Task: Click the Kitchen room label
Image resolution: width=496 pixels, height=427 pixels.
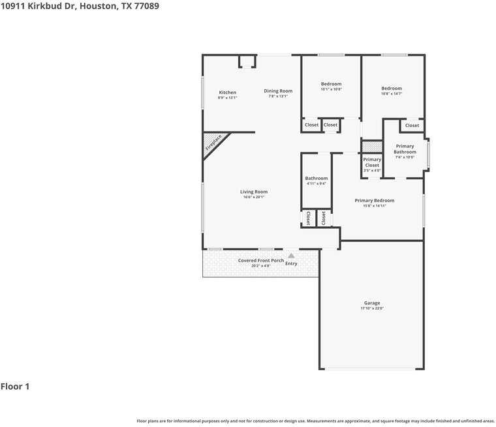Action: (227, 93)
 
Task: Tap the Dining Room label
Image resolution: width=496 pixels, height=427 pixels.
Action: (278, 91)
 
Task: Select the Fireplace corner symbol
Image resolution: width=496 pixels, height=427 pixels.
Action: (213, 143)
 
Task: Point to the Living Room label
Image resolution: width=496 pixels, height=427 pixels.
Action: (254, 192)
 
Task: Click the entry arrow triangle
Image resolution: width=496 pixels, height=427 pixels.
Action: (291, 256)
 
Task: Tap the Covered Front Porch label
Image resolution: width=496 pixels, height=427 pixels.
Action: (260, 261)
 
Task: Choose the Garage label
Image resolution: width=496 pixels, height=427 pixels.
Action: (372, 303)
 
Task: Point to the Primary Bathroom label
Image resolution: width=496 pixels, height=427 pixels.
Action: (405, 149)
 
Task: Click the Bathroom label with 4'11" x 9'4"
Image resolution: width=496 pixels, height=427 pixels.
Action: (317, 178)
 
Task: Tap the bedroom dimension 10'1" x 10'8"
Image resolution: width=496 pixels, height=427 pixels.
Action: (331, 89)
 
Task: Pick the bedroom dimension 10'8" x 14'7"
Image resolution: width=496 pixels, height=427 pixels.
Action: (392, 94)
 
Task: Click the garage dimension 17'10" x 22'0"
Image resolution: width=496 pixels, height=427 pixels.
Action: (372, 308)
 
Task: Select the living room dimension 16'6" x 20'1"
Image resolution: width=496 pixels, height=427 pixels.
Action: (254, 197)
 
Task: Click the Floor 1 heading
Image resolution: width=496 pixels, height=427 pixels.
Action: (15, 387)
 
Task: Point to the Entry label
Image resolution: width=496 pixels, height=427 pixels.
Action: (291, 263)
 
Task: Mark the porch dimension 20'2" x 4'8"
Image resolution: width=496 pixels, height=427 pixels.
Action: (260, 266)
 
